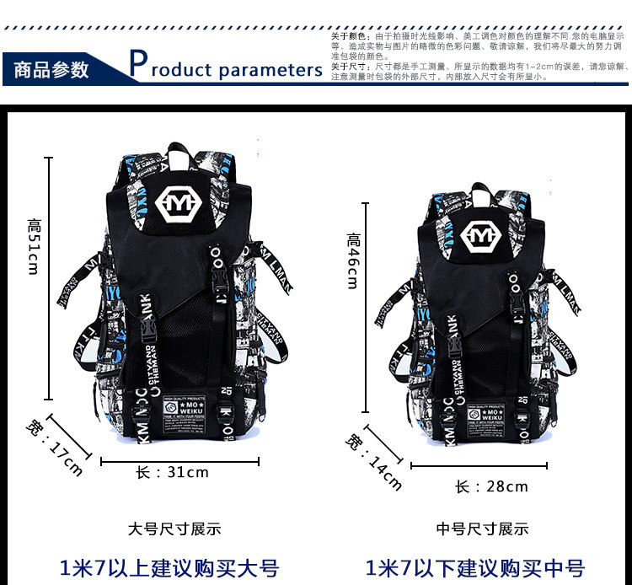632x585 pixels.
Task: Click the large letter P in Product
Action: (139, 64)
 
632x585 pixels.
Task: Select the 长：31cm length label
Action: (172, 472)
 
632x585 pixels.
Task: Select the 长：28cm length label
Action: (491, 486)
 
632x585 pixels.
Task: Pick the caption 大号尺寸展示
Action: (174, 529)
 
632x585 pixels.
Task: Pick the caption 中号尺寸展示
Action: (483, 529)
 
